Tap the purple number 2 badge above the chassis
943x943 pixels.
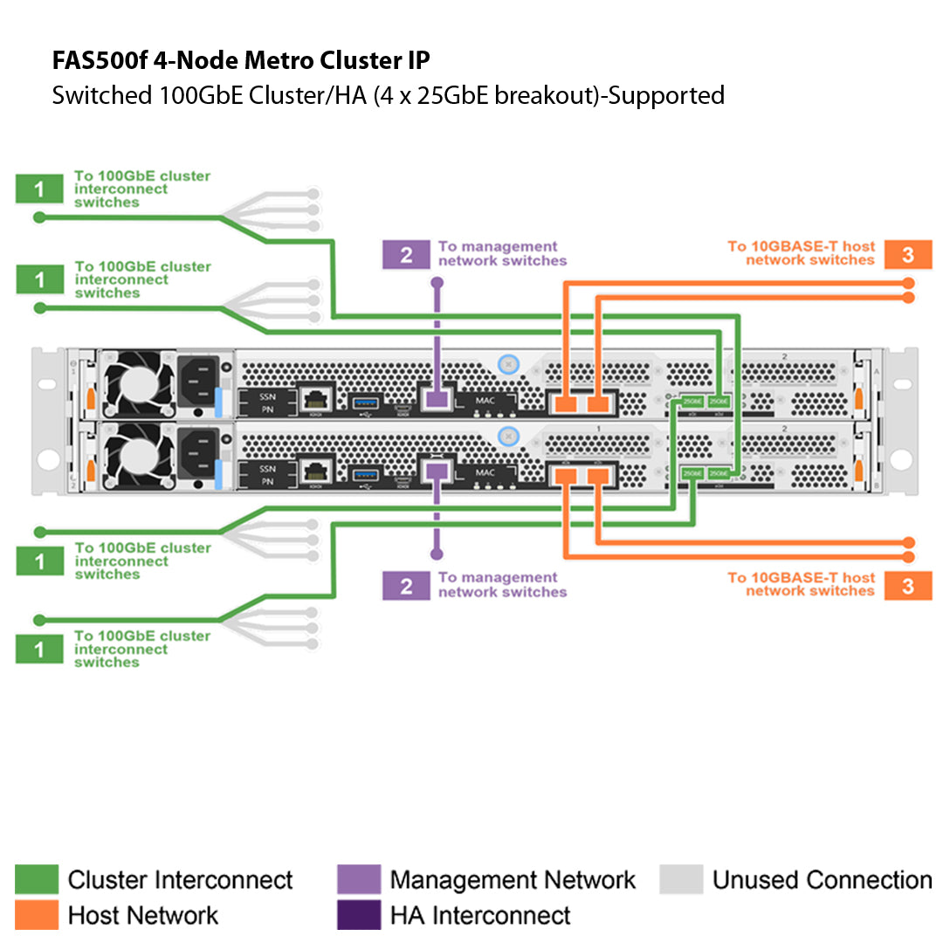point(406,254)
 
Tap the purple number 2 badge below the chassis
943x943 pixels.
point(406,585)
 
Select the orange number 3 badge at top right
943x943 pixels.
point(907,254)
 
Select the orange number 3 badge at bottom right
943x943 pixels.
point(907,585)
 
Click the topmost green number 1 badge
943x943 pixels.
point(39,189)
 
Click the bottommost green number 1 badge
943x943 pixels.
point(39,649)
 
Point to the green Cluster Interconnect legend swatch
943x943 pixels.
point(37,879)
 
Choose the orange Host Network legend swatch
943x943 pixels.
point(37,915)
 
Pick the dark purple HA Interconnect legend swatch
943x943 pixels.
point(359,915)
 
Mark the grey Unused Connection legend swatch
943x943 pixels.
point(681,879)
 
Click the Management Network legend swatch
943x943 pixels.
point(359,879)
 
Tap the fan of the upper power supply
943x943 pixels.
point(134,383)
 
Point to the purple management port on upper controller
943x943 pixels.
point(435,399)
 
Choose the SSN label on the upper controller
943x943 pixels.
point(267,395)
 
